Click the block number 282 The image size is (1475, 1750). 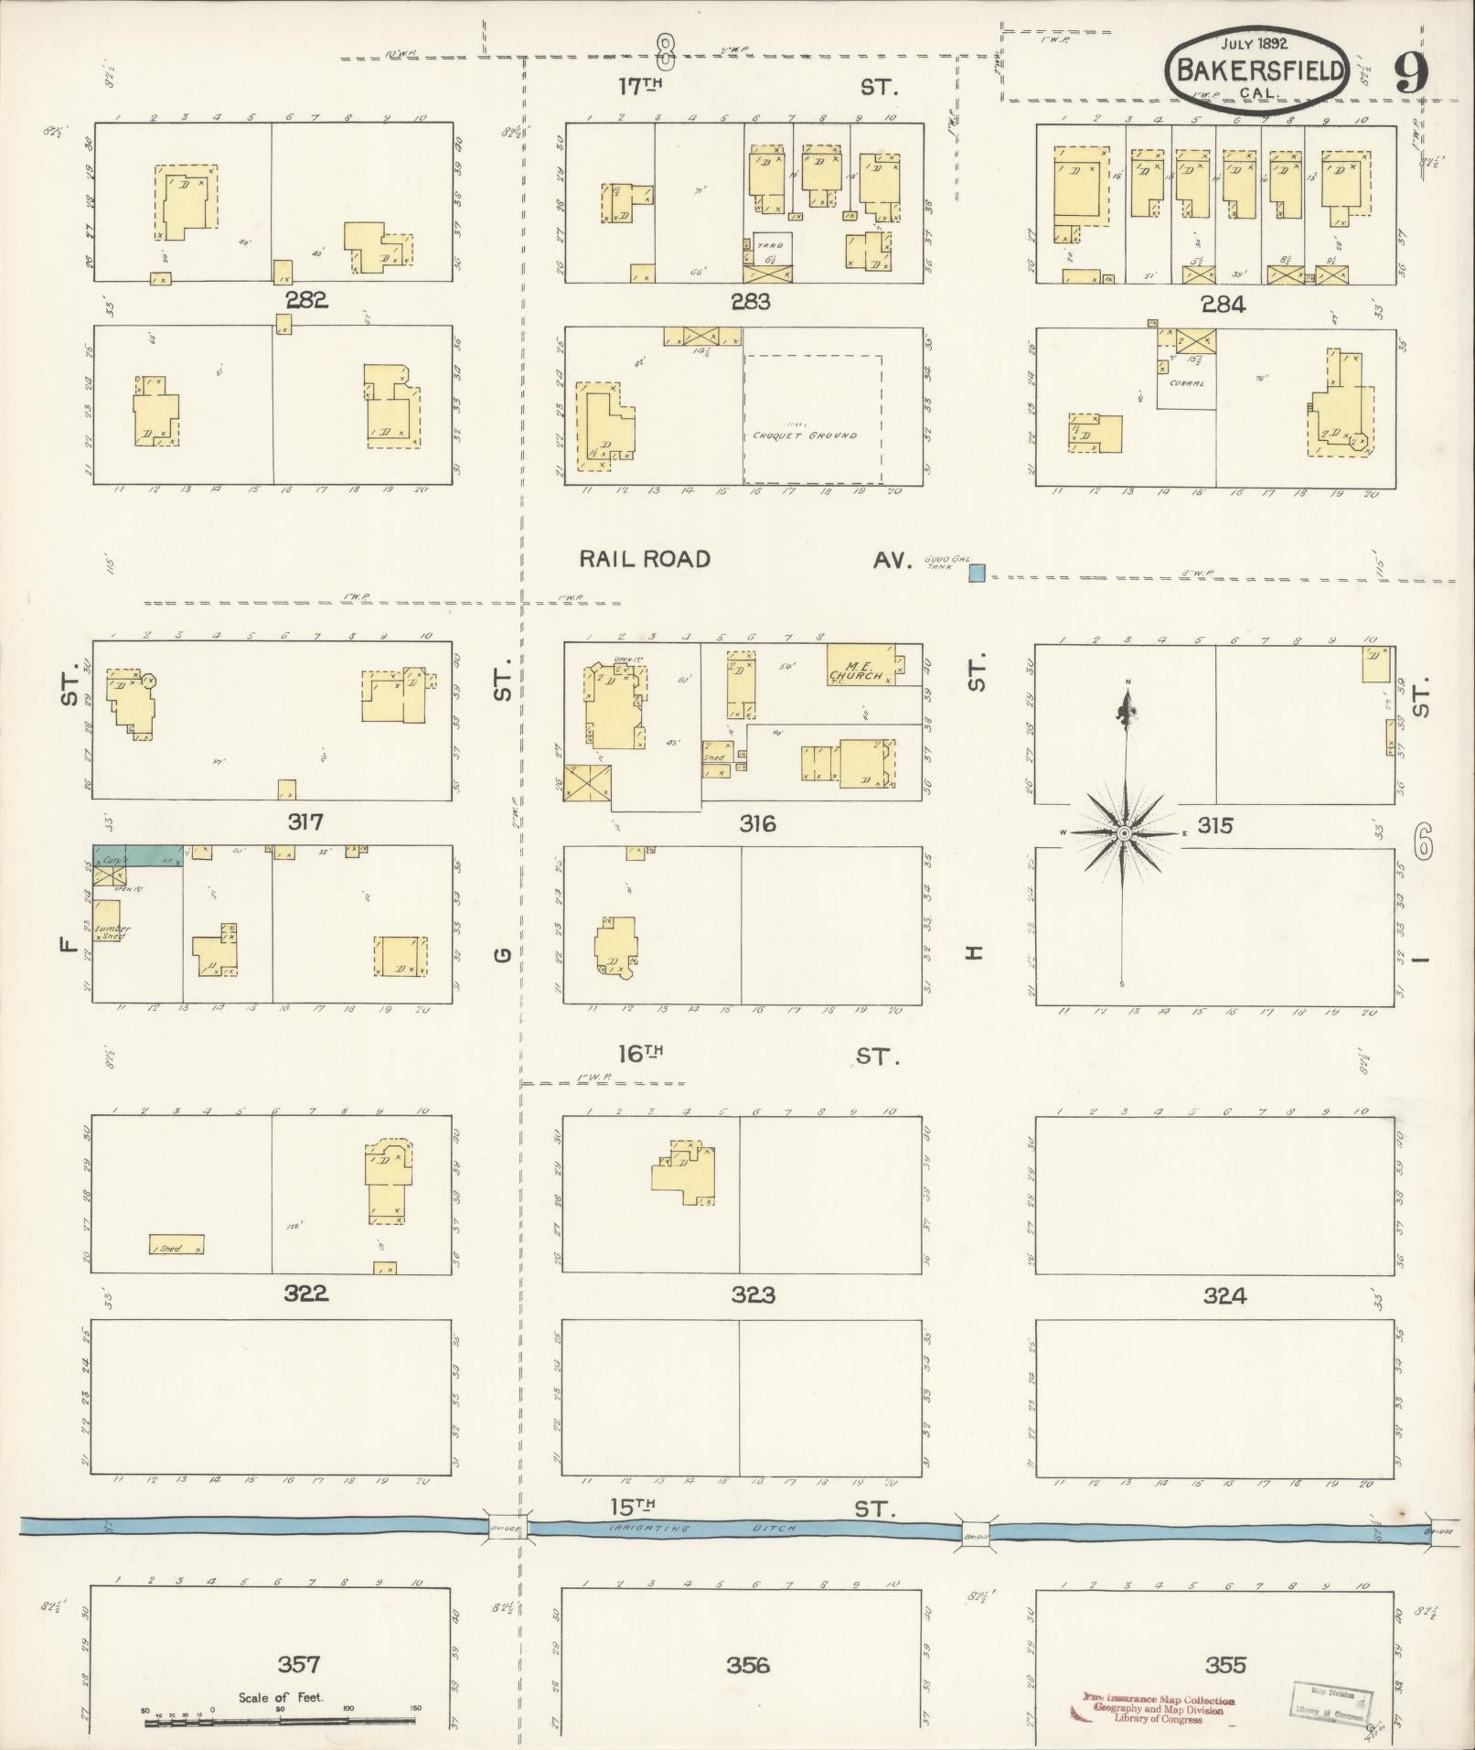(305, 300)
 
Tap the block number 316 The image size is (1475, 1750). (757, 824)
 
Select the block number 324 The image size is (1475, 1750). (1224, 1295)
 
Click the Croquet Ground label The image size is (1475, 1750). (805, 435)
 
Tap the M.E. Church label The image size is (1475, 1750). (857, 671)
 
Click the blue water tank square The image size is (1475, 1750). (977, 574)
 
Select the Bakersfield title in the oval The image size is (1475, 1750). (1259, 70)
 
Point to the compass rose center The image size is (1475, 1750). (1124, 832)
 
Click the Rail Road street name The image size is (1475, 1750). (646, 559)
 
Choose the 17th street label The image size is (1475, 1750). (640, 87)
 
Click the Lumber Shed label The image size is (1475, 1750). (110, 931)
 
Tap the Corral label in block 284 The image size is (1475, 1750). (1186, 383)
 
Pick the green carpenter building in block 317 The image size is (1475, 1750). (151, 855)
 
